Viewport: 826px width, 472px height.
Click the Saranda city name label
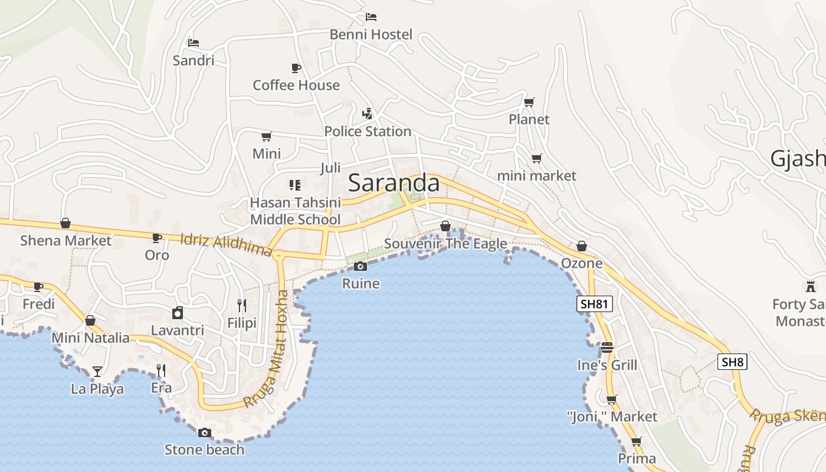394,183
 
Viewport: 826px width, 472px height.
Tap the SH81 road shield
595,304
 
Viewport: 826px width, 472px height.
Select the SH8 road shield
732,362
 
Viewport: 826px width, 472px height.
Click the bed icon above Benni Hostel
371,17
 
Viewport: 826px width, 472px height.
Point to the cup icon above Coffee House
296,68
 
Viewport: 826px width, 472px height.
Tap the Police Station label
368,131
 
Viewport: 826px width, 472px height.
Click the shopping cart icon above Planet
529,102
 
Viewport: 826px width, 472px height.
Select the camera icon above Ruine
360,266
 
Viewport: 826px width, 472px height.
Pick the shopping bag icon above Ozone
582,245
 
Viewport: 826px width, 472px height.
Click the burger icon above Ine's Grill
607,348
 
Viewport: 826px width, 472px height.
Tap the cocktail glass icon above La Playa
97,371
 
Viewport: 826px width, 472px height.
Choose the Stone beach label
204,450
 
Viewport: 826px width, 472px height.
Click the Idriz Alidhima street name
227,245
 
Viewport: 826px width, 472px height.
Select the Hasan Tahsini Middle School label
296,211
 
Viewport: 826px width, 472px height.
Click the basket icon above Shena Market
65,223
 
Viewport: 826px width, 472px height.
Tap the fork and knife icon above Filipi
242,305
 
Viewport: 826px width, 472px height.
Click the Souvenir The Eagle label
445,244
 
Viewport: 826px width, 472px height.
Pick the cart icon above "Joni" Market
612,399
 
